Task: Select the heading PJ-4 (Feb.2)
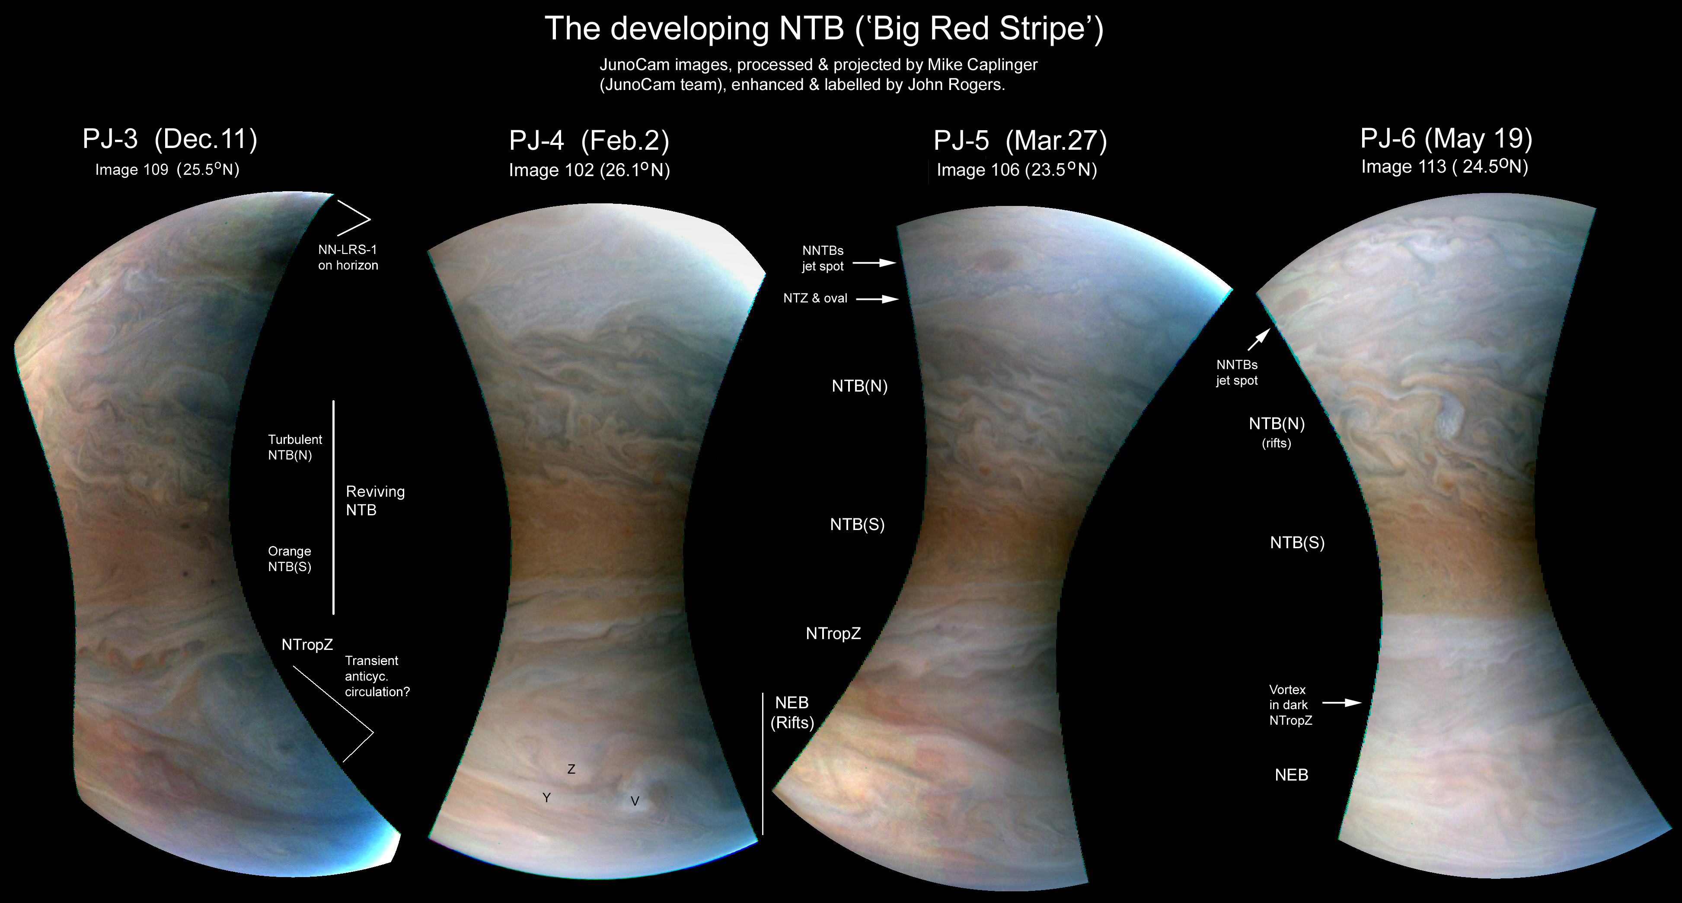589,141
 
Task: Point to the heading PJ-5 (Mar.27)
1020,141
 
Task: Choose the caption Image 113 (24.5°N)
1444,167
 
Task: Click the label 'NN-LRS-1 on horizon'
348,257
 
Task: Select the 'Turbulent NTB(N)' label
295,447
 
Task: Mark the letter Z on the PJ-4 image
571,769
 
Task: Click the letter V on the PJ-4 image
635,801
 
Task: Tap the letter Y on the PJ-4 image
546,798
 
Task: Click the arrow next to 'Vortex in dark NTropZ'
1342,703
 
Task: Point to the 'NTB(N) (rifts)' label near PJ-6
1277,432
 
